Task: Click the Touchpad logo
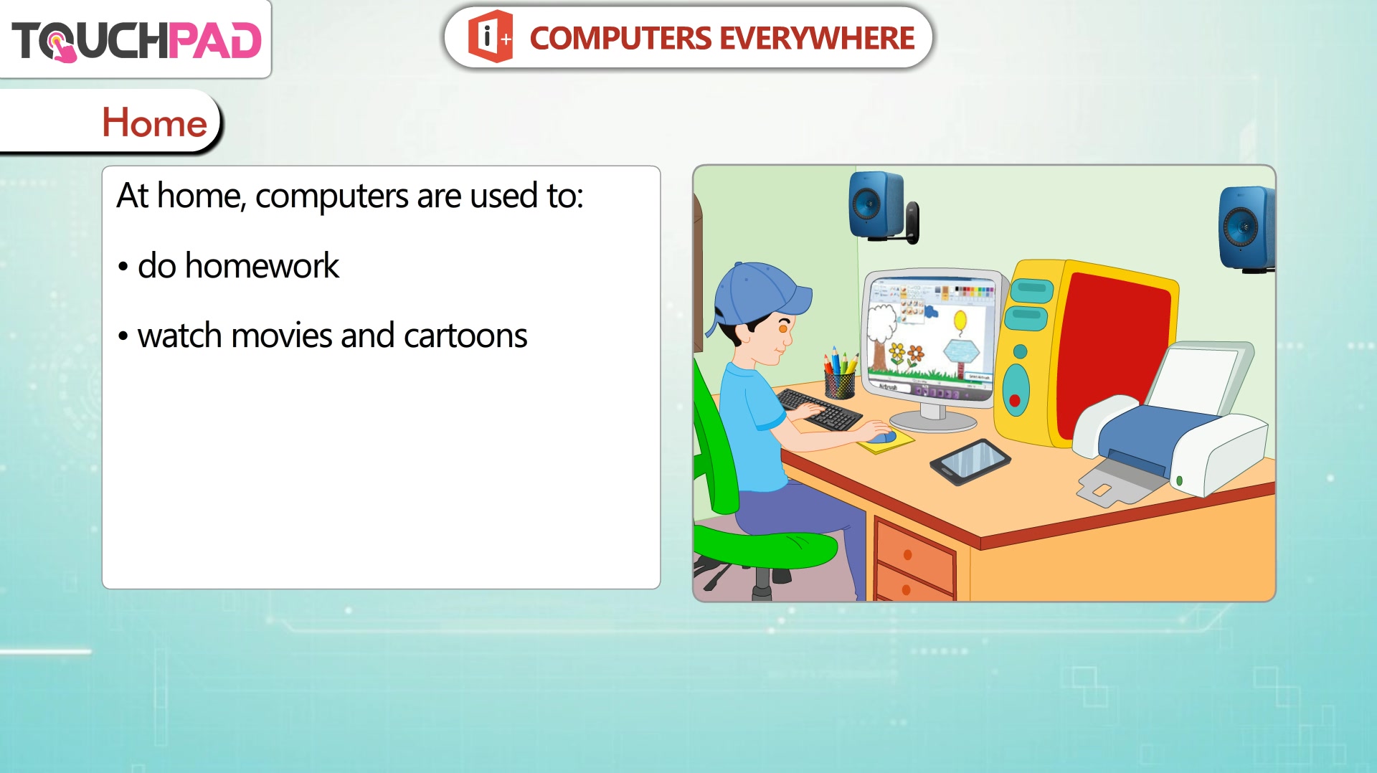click(136, 40)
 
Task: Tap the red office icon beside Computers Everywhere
click(491, 37)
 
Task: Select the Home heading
click(155, 123)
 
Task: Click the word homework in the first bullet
click(262, 266)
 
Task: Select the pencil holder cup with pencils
click(840, 374)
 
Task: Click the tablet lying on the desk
click(970, 462)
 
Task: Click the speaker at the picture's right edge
click(1247, 229)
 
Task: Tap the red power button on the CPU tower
click(1015, 400)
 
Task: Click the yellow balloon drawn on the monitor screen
click(960, 321)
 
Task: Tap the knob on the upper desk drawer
click(907, 554)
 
